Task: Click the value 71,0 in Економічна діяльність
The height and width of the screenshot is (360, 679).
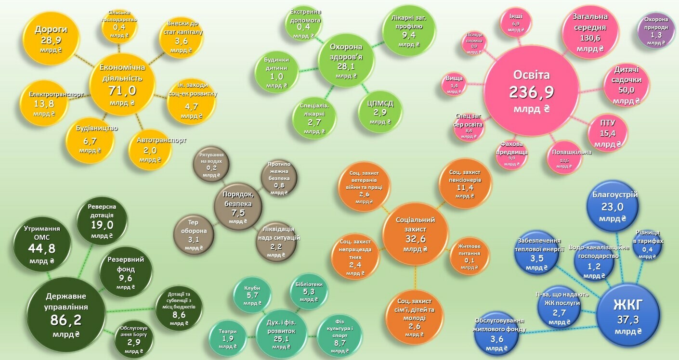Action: (x=122, y=90)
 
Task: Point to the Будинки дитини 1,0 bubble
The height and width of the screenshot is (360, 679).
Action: (x=276, y=73)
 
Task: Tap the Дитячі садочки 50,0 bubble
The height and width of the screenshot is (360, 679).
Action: (x=627, y=86)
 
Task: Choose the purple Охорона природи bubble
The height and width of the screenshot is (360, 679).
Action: (x=656, y=30)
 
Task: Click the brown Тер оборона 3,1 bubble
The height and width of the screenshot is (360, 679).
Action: (x=194, y=235)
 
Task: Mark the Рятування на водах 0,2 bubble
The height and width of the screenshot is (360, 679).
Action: (x=211, y=165)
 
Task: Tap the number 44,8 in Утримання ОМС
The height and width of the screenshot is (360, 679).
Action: (x=41, y=248)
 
